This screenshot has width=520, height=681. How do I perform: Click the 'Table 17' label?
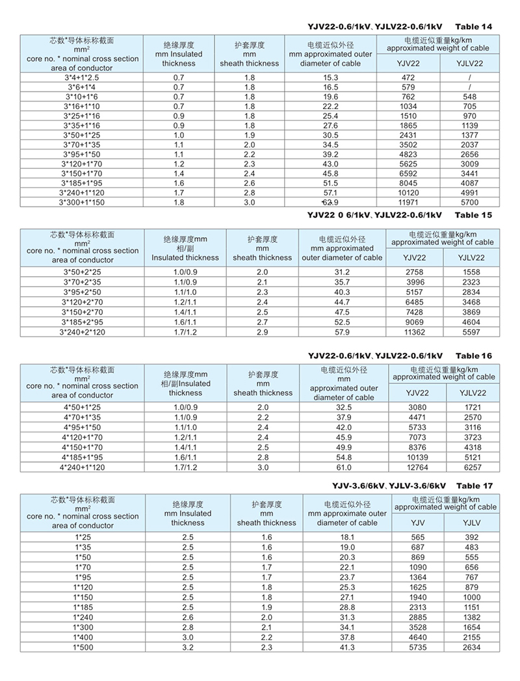tap(474, 485)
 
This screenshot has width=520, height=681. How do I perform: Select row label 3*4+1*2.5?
tap(81, 77)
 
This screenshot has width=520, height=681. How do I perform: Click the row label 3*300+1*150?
tap(81, 203)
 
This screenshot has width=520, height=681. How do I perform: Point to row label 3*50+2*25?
tap(82, 271)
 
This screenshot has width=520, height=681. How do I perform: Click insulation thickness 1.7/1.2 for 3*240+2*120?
tap(185, 332)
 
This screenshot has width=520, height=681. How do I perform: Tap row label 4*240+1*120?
tap(83, 467)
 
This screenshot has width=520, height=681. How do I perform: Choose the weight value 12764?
tap(417, 467)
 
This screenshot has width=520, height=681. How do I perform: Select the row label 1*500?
tap(82, 647)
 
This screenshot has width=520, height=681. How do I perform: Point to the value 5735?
tap(417, 647)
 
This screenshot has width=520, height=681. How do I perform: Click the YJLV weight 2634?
tap(472, 647)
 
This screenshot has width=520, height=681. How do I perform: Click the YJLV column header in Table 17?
tap(472, 523)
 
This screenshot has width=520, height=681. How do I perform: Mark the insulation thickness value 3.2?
tap(188, 647)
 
